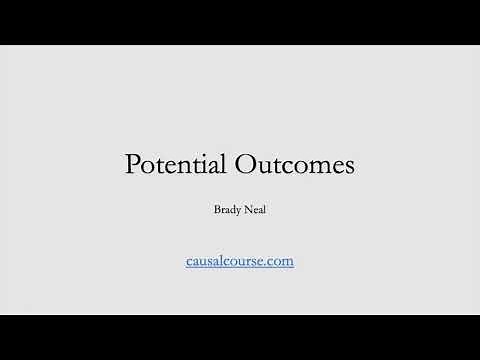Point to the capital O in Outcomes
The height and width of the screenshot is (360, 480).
tap(245, 165)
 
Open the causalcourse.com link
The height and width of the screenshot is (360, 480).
tap(239, 261)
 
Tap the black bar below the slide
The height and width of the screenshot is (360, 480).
tap(240, 337)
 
